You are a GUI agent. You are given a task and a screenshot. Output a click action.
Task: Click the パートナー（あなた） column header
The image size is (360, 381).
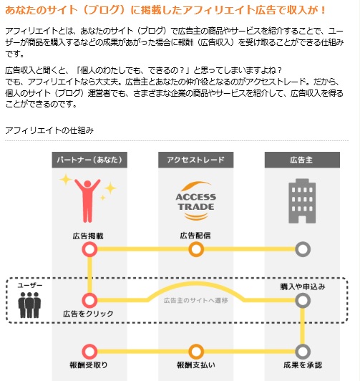pyautogui.click(x=89, y=160)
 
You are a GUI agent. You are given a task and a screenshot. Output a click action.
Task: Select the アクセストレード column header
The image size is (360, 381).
pyautogui.click(x=195, y=160)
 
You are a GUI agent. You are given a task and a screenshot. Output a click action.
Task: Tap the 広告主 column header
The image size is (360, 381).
pyautogui.click(x=302, y=160)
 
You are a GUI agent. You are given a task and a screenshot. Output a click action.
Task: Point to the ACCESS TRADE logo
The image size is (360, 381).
pyautogui.click(x=196, y=201)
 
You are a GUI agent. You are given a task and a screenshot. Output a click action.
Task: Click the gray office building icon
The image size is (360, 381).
pyautogui.click(x=302, y=201)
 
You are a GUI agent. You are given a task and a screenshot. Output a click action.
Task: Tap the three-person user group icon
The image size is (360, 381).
pyautogui.click(x=29, y=305)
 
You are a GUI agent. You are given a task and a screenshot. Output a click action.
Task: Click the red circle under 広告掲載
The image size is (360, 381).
pyautogui.click(x=89, y=249)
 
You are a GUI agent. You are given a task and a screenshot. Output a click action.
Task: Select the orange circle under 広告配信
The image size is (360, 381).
pyautogui.click(x=196, y=249)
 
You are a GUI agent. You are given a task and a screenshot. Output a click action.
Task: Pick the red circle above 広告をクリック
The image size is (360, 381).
pyautogui.click(x=89, y=300)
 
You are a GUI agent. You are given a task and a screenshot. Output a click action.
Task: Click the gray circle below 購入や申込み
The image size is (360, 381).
pyautogui.click(x=303, y=300)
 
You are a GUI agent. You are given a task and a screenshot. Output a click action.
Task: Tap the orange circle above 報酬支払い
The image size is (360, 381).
pyautogui.click(x=196, y=352)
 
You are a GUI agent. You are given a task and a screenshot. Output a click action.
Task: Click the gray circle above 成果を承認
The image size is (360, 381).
pyautogui.click(x=303, y=352)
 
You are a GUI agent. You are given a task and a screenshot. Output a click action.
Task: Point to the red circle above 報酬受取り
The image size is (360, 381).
pyautogui.click(x=89, y=352)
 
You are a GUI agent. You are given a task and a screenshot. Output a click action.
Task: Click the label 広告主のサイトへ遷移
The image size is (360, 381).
pyautogui.click(x=195, y=301)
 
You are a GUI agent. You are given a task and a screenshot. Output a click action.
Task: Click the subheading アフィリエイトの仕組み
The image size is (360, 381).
pyautogui.click(x=49, y=130)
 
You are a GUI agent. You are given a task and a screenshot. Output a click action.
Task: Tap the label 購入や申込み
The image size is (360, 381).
pyautogui.click(x=303, y=286)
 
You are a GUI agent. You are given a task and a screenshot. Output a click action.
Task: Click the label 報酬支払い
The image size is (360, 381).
pyautogui.click(x=196, y=365)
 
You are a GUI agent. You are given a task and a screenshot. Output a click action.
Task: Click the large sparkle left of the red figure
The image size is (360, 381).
pyautogui.click(x=66, y=180)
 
